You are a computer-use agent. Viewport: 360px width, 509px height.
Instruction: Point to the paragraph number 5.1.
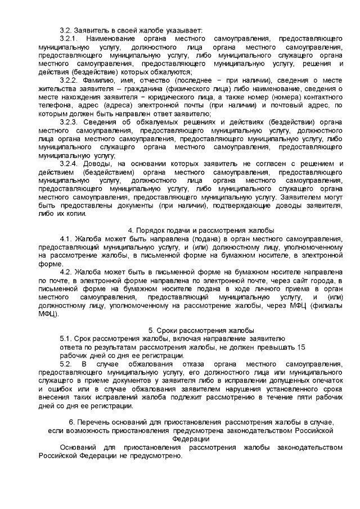(x=67, y=339)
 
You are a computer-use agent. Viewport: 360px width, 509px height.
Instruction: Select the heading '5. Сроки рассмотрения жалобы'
(x=201, y=330)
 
